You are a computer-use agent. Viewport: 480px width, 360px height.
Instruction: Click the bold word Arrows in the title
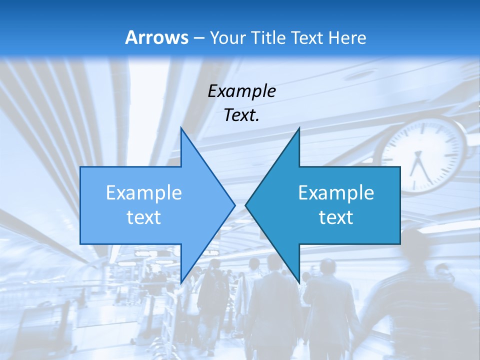pos(156,37)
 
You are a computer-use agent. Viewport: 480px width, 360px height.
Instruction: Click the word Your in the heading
pos(227,37)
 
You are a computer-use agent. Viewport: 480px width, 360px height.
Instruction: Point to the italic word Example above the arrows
pos(241,91)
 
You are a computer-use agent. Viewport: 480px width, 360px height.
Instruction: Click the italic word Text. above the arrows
pos(241,115)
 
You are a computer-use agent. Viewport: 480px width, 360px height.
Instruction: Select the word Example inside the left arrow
pos(144,193)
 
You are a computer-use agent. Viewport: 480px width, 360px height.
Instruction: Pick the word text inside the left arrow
pos(144,217)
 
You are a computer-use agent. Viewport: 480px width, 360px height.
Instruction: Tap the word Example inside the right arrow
pos(336,193)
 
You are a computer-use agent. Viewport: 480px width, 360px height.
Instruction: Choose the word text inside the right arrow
pos(336,217)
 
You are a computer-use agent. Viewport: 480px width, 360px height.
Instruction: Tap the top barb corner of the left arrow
pos(181,128)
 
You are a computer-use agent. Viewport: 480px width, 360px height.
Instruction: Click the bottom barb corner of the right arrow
pos(299,282)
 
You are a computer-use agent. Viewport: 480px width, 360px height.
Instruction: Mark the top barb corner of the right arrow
pos(299,128)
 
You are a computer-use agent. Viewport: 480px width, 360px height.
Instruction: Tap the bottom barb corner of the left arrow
pos(181,282)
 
